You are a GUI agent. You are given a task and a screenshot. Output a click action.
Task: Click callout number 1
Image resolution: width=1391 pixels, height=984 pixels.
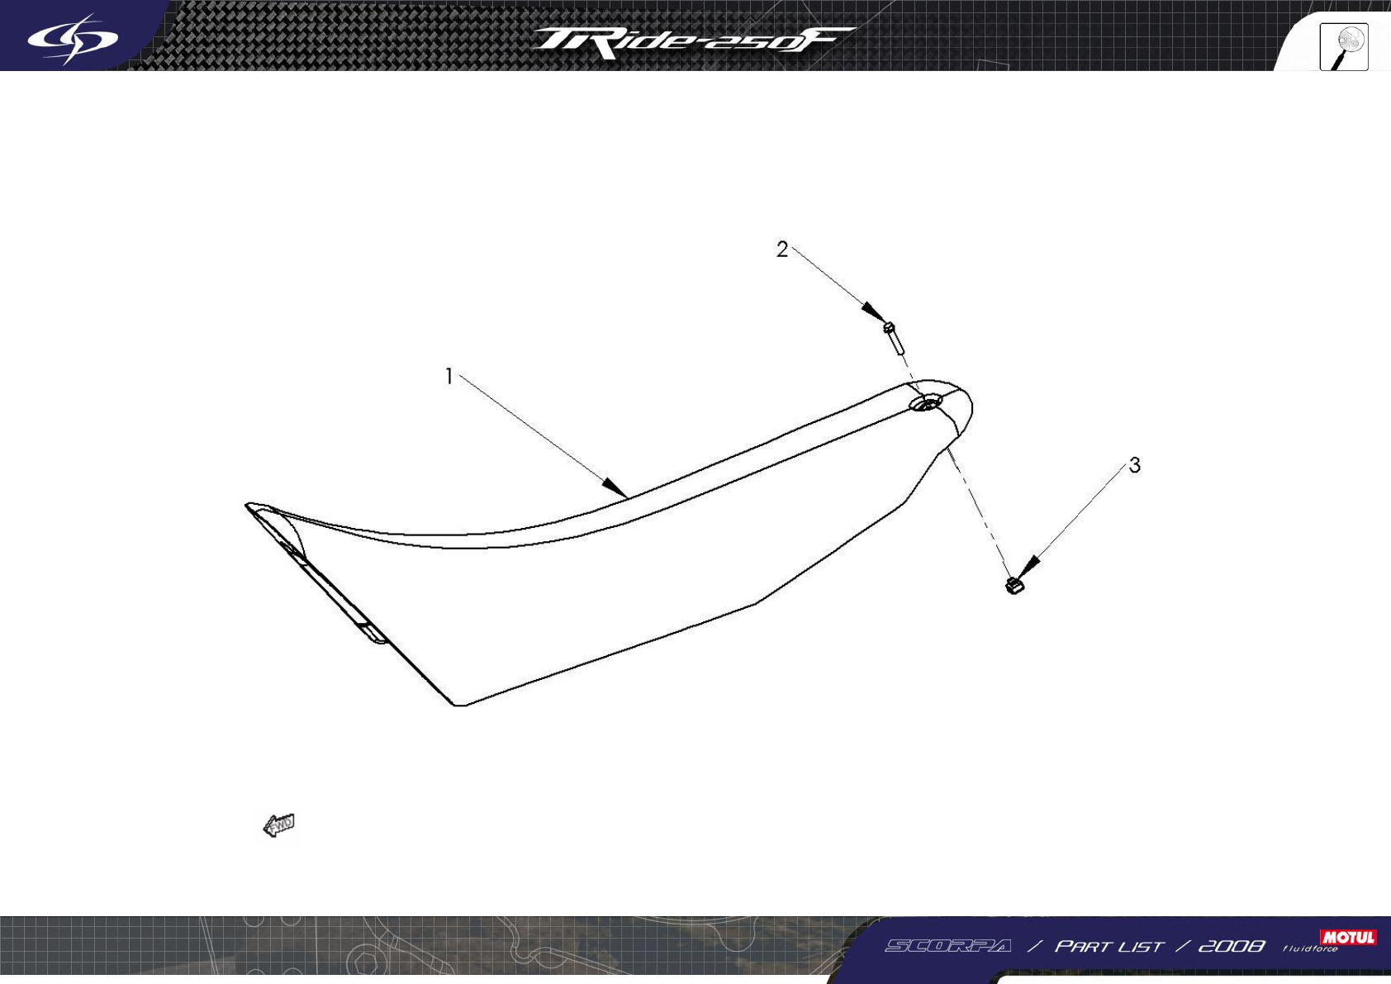(x=449, y=377)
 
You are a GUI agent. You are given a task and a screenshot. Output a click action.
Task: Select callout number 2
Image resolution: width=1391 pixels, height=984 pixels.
(x=782, y=250)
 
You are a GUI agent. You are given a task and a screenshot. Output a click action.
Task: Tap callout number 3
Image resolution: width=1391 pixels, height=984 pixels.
(x=1135, y=466)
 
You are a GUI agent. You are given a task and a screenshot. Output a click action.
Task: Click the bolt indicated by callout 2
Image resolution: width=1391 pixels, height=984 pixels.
(x=892, y=336)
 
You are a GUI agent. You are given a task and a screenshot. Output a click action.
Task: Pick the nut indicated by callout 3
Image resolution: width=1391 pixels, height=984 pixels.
(x=1014, y=585)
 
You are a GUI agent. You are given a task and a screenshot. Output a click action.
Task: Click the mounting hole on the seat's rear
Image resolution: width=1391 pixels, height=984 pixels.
(x=926, y=403)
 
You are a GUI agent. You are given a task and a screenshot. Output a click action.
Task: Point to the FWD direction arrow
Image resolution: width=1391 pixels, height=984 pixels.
(x=279, y=825)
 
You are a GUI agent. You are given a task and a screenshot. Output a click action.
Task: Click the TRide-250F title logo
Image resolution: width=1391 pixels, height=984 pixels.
(x=692, y=41)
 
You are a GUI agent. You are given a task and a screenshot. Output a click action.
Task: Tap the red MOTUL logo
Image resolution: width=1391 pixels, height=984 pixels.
(x=1347, y=937)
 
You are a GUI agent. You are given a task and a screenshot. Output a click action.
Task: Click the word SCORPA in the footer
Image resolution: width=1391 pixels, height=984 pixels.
(x=947, y=946)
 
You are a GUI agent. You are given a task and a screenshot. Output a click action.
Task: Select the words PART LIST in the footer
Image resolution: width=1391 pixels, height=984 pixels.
(x=1109, y=946)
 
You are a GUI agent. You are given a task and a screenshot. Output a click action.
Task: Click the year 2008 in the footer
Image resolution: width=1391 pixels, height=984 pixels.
(x=1231, y=946)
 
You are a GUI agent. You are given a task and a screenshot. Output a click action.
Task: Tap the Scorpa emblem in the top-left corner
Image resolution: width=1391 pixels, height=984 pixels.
(x=73, y=38)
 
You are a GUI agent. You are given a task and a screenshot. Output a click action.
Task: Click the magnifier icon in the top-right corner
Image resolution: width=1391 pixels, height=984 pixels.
(x=1344, y=46)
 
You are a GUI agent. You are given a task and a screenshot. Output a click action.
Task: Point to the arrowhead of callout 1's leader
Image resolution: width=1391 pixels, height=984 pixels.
(x=615, y=487)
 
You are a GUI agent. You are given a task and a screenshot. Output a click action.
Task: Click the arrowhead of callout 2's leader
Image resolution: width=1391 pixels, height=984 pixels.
(x=874, y=312)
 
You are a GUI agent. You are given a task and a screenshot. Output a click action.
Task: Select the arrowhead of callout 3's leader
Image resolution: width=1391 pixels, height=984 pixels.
(x=1030, y=566)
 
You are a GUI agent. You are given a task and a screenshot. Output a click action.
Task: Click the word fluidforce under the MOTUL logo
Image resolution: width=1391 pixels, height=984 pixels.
(x=1310, y=949)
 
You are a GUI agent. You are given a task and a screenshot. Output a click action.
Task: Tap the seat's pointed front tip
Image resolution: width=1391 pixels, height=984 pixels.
(x=249, y=504)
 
